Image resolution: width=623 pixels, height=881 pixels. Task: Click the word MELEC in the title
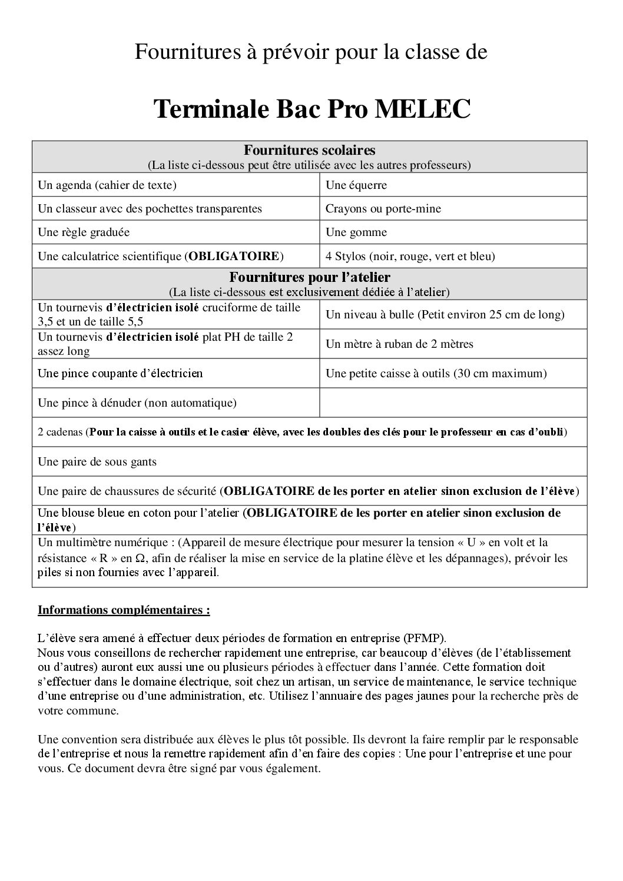coord(422,109)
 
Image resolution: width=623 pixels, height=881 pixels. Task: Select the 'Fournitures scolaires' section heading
coord(309,150)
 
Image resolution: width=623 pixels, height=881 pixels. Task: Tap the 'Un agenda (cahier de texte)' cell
coord(107,185)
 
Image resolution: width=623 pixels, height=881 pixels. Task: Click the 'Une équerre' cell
coord(356,185)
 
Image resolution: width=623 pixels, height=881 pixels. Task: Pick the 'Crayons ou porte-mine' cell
coord(383,209)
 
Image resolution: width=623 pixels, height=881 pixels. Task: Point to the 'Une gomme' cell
coord(356,232)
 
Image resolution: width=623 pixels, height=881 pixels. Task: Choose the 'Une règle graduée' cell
coord(84,232)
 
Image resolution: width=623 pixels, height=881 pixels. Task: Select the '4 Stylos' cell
coord(410,256)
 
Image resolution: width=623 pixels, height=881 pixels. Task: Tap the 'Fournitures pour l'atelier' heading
coord(309,277)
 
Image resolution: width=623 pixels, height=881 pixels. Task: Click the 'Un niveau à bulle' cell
coord(445,315)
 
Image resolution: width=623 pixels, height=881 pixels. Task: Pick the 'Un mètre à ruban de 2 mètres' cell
coord(399,344)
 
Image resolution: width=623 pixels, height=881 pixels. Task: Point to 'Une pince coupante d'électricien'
coord(120,374)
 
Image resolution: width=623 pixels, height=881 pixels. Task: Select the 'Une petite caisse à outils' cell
coord(436,374)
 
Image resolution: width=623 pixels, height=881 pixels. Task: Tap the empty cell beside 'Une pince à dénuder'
coord(453,403)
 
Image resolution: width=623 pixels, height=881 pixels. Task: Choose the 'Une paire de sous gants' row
coord(97,462)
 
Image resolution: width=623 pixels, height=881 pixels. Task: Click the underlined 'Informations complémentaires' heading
coord(124,610)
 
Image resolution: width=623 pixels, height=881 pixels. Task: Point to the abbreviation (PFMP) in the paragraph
coord(425,638)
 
